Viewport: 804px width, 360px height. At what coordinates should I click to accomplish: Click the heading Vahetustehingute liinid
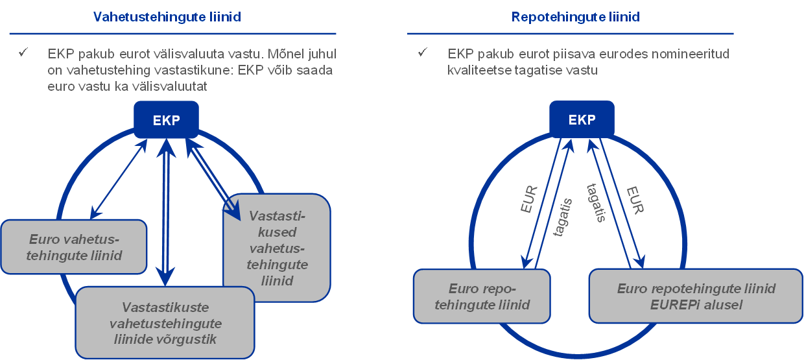(x=167, y=17)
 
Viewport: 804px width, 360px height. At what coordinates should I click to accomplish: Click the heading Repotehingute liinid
(x=575, y=17)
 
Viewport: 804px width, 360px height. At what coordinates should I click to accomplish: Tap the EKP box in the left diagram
(x=166, y=121)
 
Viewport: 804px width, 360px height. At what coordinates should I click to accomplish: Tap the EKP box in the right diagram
(x=582, y=121)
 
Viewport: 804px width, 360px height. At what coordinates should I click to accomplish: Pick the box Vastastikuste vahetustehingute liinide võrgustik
(x=165, y=323)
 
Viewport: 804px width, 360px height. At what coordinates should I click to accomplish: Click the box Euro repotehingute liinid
(x=482, y=296)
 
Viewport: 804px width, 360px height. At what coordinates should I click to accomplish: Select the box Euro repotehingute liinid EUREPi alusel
(x=696, y=296)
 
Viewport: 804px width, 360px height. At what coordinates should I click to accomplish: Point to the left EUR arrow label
(x=530, y=200)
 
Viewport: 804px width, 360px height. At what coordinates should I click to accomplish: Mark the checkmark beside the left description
(x=23, y=53)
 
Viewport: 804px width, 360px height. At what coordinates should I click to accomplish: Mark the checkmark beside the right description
(x=423, y=53)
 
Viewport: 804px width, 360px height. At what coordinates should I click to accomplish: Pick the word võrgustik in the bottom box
(x=193, y=339)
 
